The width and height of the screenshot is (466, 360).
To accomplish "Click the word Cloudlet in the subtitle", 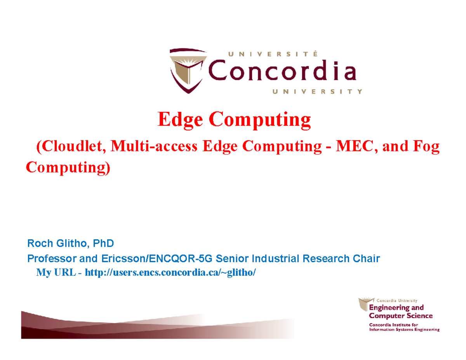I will point(72,147).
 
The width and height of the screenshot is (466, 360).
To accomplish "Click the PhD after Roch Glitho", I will point(104,244).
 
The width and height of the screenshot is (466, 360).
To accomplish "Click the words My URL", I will point(56,272).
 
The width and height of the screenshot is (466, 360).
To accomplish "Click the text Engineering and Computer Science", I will point(400,312).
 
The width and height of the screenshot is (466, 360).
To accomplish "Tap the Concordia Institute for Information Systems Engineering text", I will point(404,327).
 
